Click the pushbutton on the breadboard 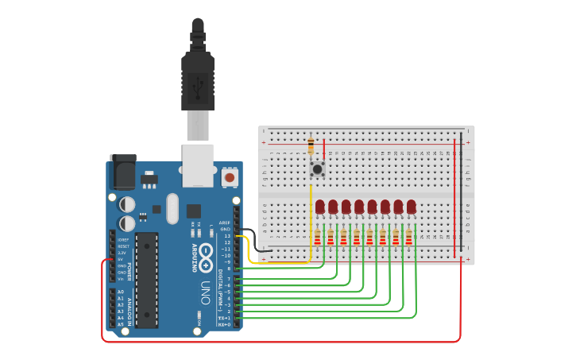(x=318, y=168)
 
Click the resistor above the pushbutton (x=311, y=146)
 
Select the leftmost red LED (x=319, y=207)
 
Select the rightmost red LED (x=412, y=207)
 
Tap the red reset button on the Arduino (x=230, y=177)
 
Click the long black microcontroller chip (x=146, y=280)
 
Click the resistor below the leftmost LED (x=318, y=238)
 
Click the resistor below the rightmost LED (x=408, y=238)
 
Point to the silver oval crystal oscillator (x=172, y=208)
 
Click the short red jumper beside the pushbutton (x=323, y=149)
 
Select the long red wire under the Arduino (x=278, y=342)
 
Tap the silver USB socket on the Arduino (x=198, y=165)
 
